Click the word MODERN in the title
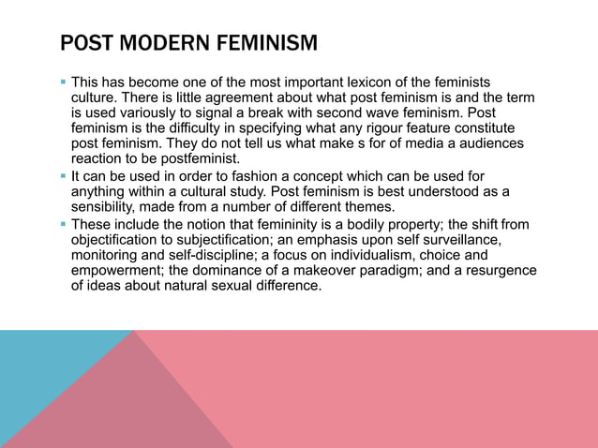(152, 43)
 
